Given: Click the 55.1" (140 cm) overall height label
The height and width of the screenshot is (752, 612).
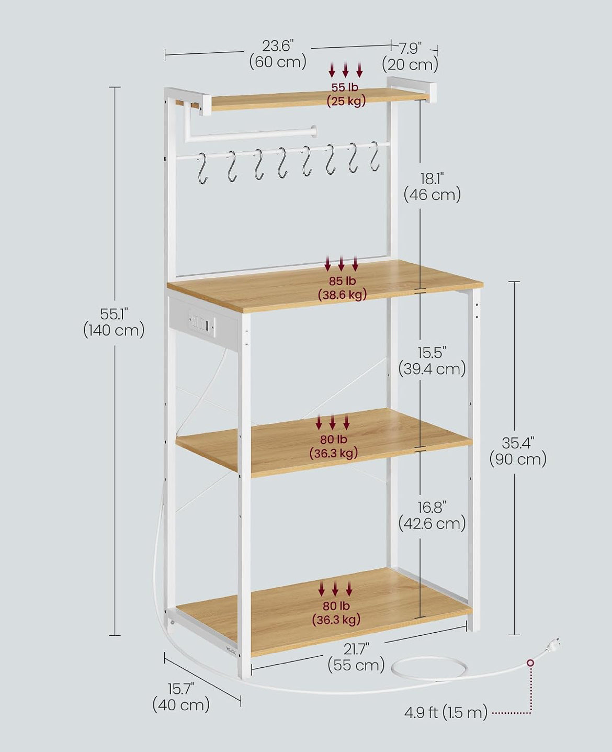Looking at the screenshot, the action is click(x=114, y=322).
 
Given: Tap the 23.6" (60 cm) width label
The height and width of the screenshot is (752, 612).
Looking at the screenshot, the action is click(x=278, y=54).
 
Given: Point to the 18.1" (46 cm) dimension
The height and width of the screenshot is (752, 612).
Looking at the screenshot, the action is click(x=432, y=187).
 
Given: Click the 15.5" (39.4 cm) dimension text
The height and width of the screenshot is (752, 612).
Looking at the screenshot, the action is click(x=432, y=361).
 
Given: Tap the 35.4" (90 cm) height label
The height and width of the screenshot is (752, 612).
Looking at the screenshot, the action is click(x=518, y=452).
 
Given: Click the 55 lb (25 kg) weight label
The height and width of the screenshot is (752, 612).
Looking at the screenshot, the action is click(x=346, y=94).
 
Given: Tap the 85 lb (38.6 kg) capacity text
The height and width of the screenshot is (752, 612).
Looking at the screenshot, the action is click(x=342, y=288).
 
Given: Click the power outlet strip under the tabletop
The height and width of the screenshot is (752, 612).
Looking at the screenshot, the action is click(x=201, y=322).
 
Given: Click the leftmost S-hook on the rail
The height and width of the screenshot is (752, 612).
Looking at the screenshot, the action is click(x=202, y=168).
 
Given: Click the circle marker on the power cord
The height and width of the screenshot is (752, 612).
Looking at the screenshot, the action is click(x=530, y=663).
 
